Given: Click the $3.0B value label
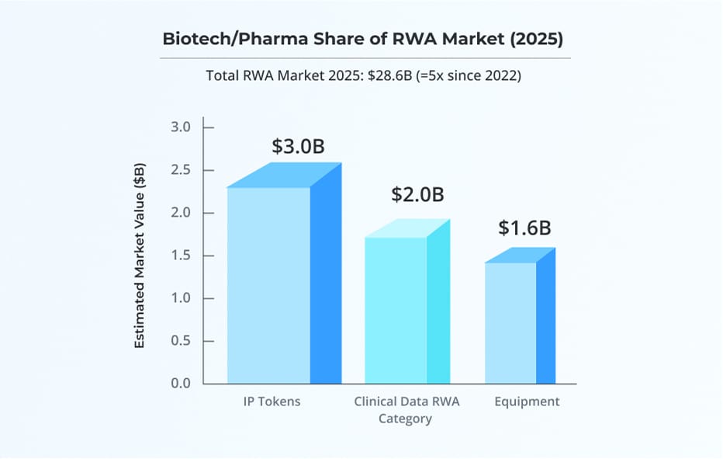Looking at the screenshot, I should point(298,146).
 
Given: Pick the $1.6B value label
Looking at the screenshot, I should point(524,228).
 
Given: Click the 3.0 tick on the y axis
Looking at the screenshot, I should point(180,127).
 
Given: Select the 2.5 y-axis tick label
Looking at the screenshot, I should point(180,170).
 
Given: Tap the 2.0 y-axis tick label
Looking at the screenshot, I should point(180,213).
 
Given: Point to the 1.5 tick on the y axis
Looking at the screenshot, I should point(180,256).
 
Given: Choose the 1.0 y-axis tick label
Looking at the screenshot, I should point(180,298).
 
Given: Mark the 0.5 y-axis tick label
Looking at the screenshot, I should point(180,341).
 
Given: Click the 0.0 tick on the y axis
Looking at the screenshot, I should point(180,384).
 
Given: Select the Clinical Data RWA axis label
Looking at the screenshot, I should point(405,402).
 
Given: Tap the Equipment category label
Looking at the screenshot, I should point(527,402).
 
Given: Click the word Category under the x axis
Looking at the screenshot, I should point(405,419).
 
